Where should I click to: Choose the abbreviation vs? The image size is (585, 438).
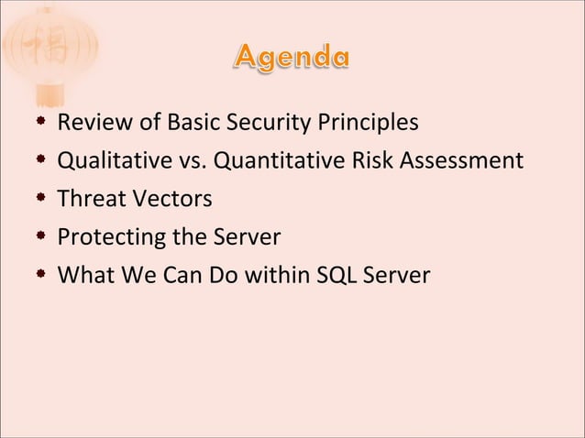181,161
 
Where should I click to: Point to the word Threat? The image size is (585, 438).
89,199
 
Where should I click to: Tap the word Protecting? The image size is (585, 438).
106,237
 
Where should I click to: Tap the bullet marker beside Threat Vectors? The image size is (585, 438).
42,199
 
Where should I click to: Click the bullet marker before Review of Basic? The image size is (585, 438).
42,123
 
